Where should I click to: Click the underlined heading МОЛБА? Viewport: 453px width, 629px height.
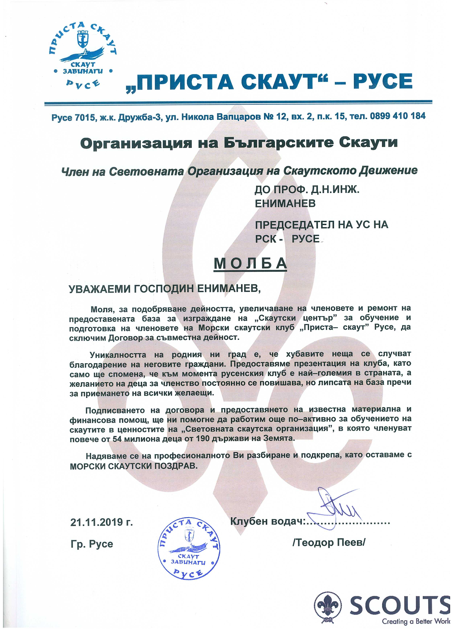pos(250,263)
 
